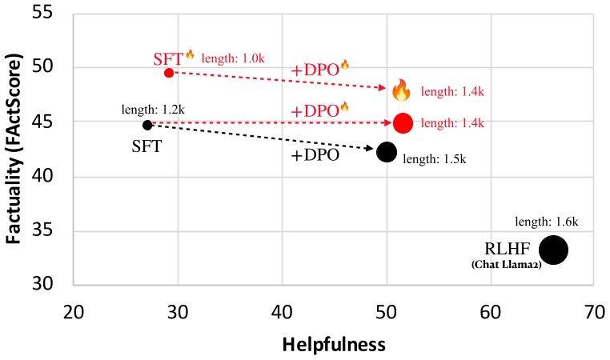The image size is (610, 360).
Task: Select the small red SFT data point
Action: pos(169,73)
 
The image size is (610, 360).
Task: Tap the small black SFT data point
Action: pos(147,125)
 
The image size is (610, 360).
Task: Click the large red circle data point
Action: pos(403,123)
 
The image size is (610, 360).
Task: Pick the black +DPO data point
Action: pos(387,152)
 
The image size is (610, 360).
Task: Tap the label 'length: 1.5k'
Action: pos(434,159)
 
